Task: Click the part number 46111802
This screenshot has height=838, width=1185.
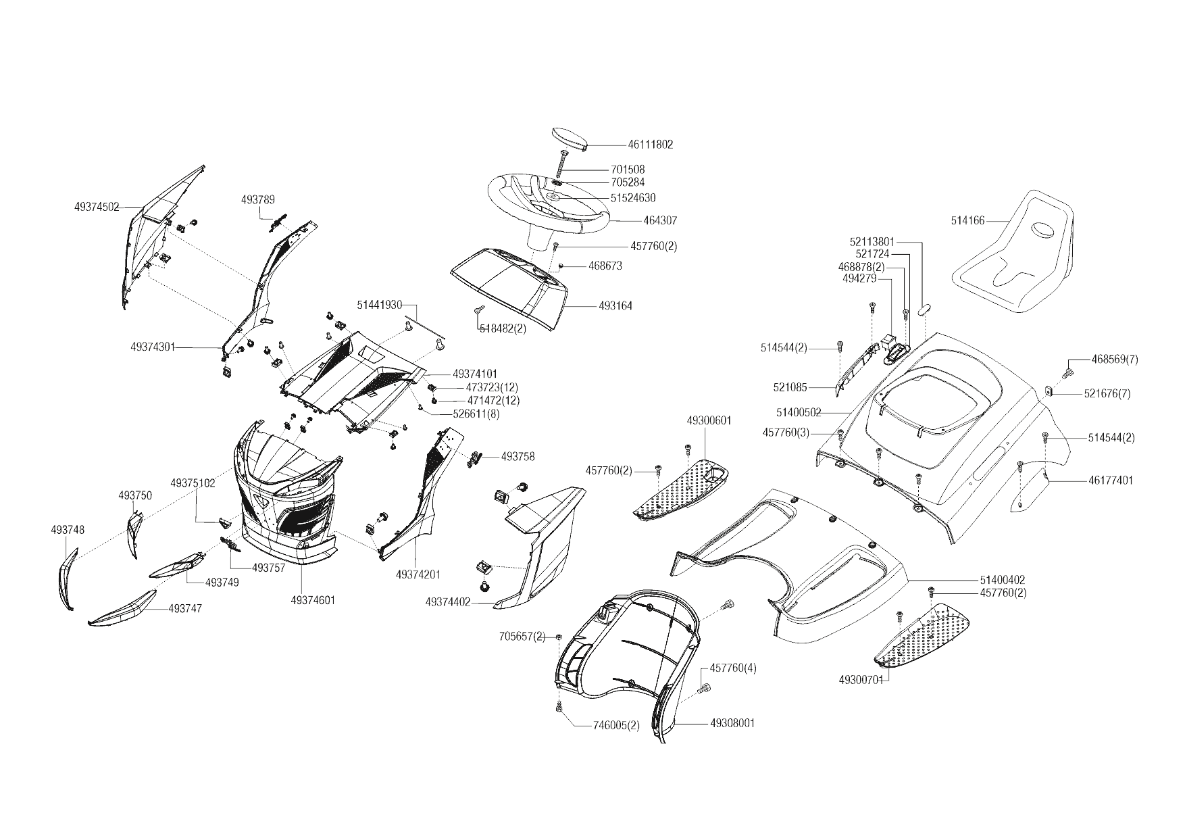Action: (x=650, y=145)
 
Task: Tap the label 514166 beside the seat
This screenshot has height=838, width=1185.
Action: (x=967, y=220)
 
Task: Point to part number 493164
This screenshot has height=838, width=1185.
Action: (x=615, y=306)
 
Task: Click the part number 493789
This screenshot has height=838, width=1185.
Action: (x=258, y=199)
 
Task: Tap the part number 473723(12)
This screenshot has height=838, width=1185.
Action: (x=493, y=387)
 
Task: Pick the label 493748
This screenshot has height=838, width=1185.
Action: (x=68, y=530)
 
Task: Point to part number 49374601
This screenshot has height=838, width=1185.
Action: (x=313, y=600)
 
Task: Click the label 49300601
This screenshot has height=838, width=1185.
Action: (x=709, y=420)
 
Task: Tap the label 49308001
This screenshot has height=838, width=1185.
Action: (x=732, y=723)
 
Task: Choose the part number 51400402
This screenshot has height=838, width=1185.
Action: (x=1002, y=580)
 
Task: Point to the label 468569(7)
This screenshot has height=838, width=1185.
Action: (x=1115, y=360)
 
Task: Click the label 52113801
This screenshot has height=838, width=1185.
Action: (x=872, y=241)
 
